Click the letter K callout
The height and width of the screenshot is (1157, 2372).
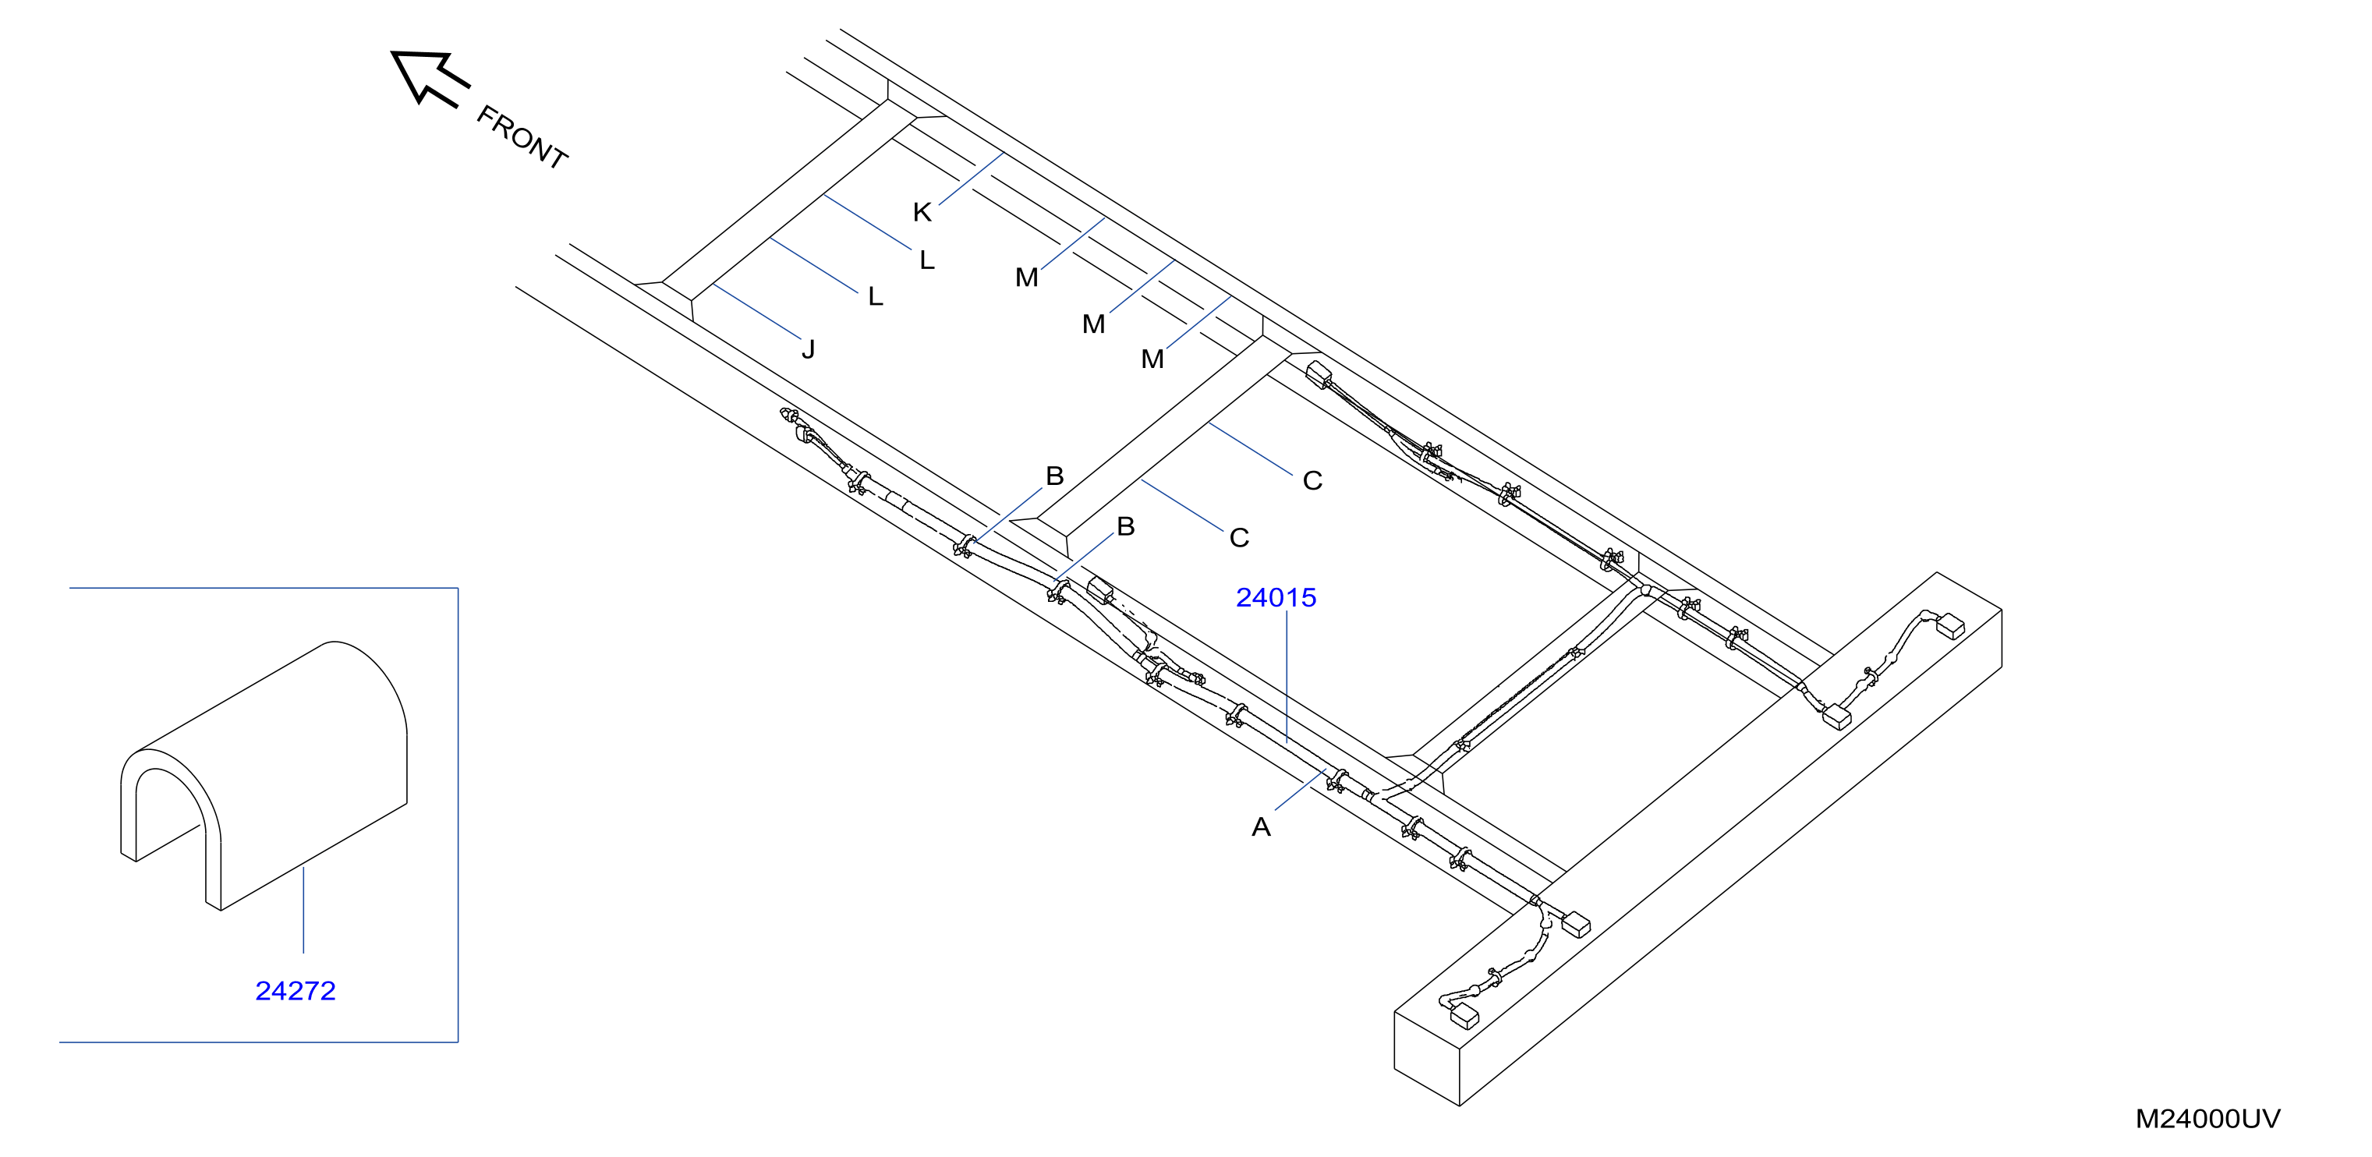tap(922, 213)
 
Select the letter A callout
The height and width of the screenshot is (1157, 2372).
tap(1261, 826)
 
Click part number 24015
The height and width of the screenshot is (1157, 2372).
tap(1276, 598)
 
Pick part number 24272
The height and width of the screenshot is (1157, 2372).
tap(295, 991)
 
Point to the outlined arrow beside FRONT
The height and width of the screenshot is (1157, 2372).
tap(429, 77)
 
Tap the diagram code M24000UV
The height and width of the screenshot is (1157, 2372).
tap(2208, 1120)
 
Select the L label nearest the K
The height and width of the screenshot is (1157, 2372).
tap(927, 260)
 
